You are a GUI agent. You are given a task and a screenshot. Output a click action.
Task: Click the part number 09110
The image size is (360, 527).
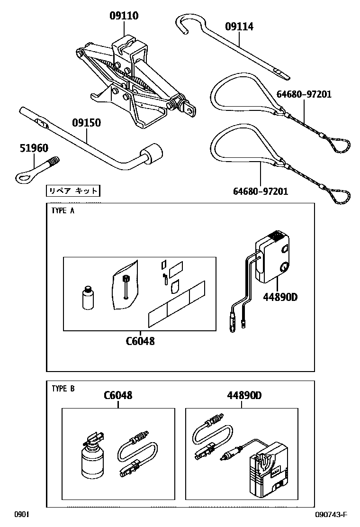coord(124,16)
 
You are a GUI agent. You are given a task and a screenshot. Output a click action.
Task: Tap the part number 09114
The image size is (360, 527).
coord(239,27)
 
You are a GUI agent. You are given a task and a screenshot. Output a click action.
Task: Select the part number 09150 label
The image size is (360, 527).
coord(86,123)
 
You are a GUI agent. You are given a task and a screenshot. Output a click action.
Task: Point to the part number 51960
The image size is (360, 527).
coord(34,148)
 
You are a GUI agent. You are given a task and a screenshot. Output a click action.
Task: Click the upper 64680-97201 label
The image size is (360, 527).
coord(304,94)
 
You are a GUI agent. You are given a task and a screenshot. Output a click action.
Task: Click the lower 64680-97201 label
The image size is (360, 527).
coord(260,192)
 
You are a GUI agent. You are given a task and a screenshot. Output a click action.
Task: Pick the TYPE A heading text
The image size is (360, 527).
coord(63,211)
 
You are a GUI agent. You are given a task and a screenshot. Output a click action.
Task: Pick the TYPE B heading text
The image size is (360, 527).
coord(63,389)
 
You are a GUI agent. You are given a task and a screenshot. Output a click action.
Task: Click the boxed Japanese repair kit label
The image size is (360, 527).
coord(73,191)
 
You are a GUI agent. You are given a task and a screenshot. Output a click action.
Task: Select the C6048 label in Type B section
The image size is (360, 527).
coord(118,395)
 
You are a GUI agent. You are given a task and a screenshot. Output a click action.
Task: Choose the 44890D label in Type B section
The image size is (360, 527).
coord(244,395)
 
